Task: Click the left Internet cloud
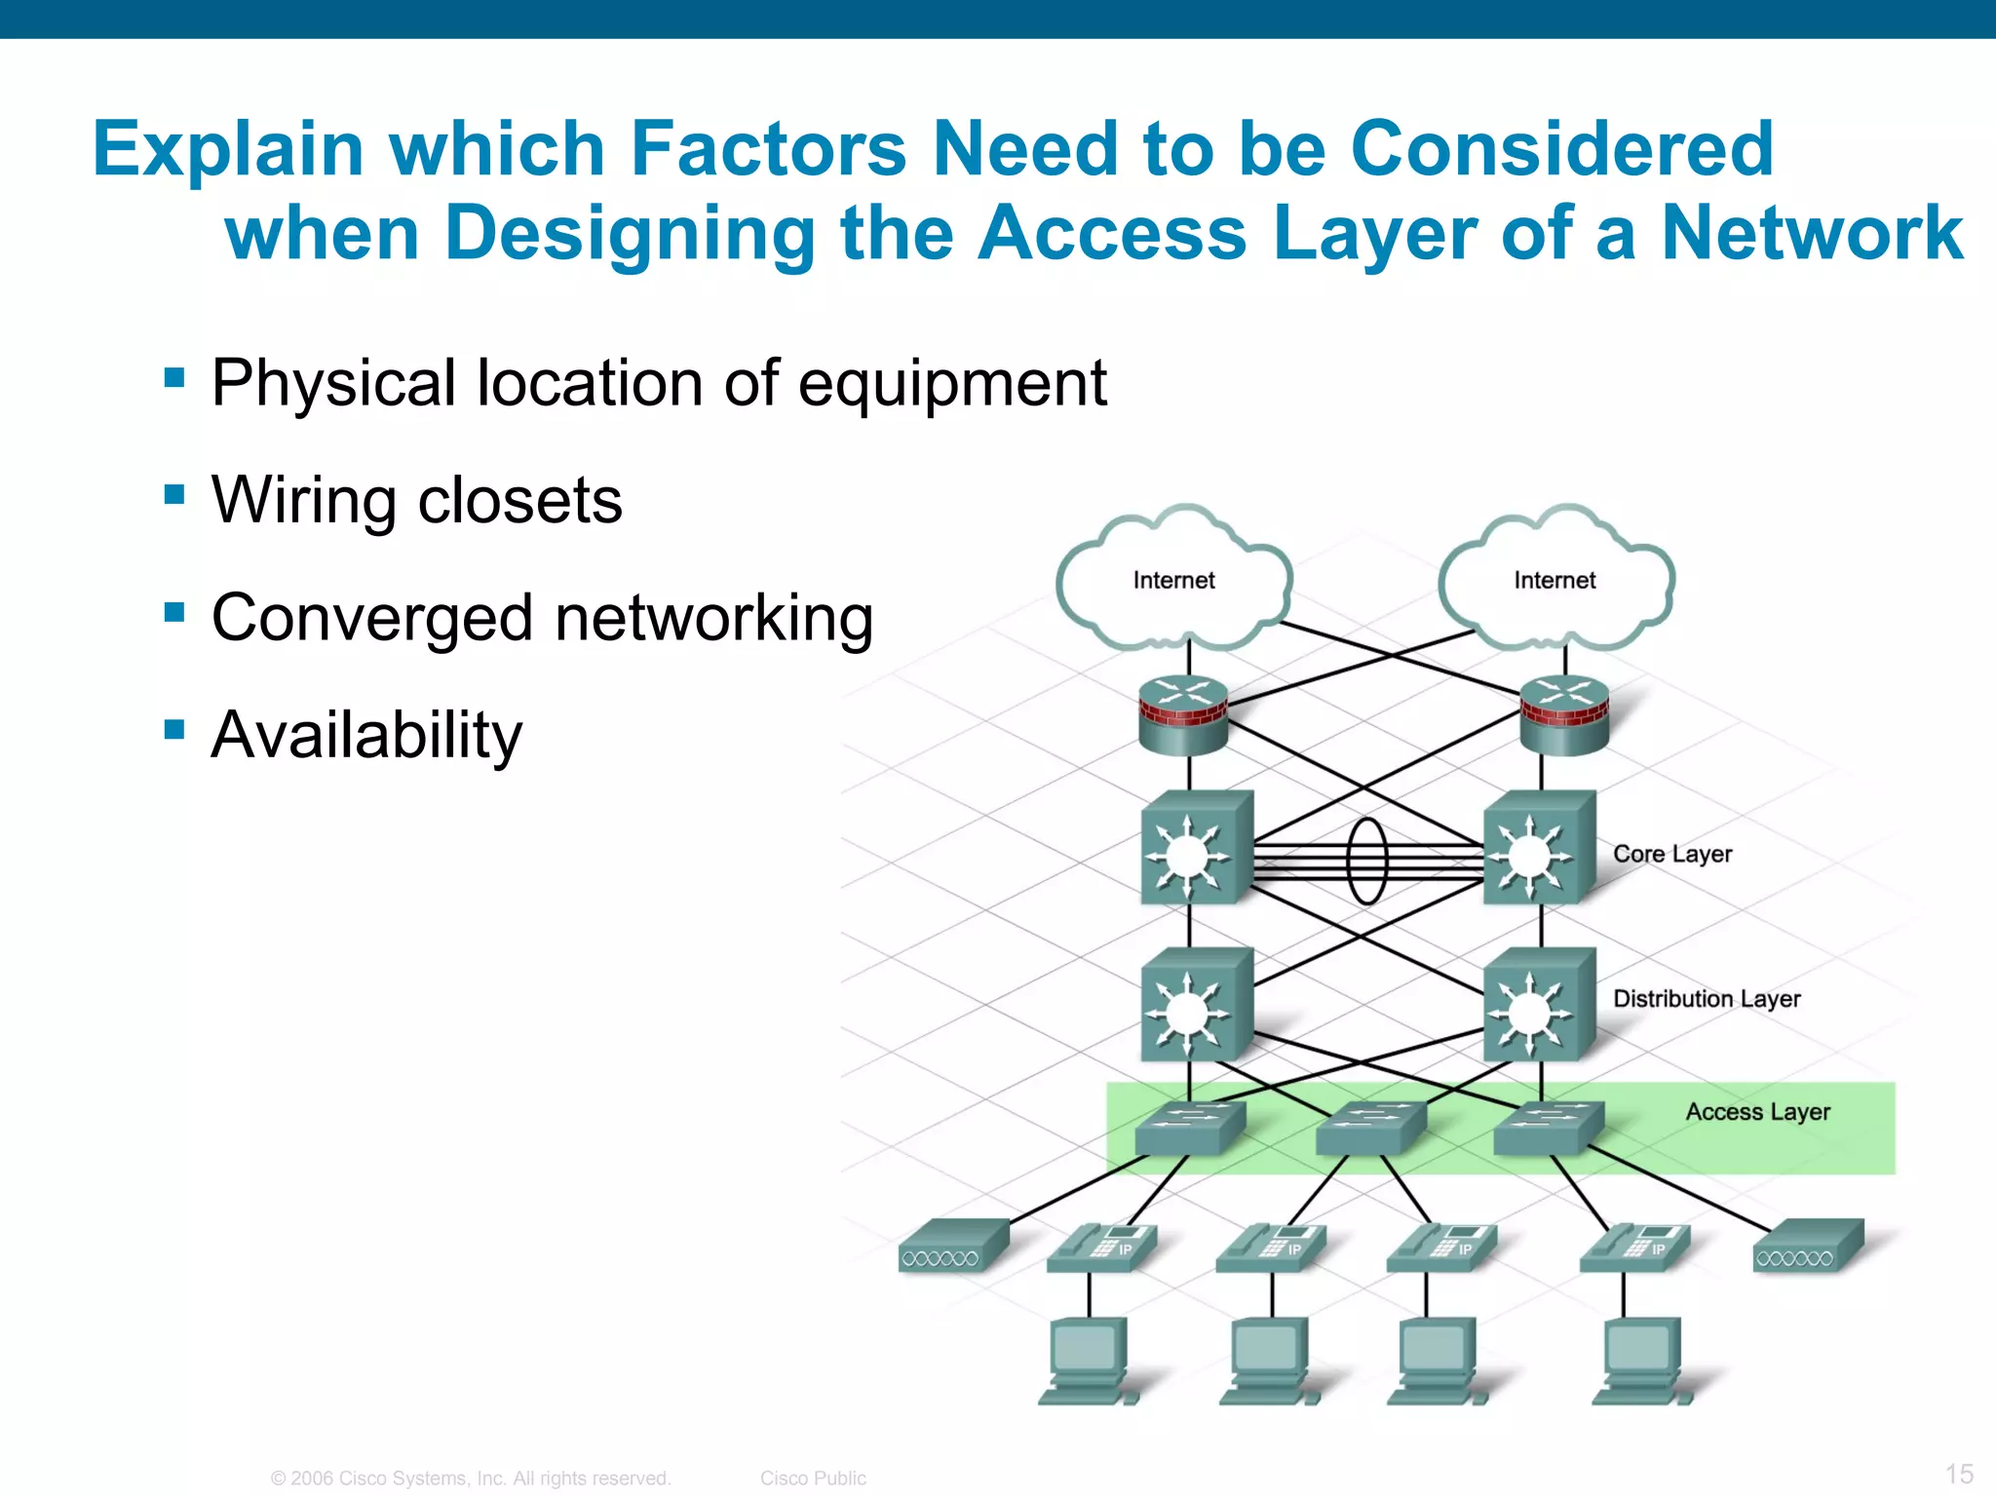click(x=1173, y=581)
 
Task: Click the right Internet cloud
click(x=1555, y=581)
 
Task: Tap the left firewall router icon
click(x=1183, y=716)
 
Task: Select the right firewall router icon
click(x=1564, y=716)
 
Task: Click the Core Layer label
click(x=1672, y=854)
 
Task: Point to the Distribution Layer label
click(x=1707, y=999)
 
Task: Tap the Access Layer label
click(x=1757, y=1112)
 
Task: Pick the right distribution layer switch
click(x=1537, y=1006)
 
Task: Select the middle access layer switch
click(x=1369, y=1129)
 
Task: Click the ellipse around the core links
click(x=1366, y=861)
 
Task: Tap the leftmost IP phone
click(x=1101, y=1248)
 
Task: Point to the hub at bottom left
click(x=951, y=1247)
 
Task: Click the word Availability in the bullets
click(x=366, y=735)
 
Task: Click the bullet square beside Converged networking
click(x=175, y=613)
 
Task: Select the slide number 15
click(x=1959, y=1474)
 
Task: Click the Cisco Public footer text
click(x=813, y=1478)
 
